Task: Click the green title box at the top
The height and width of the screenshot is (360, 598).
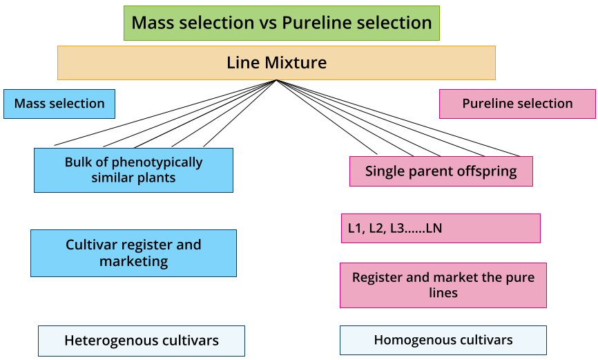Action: pos(282,23)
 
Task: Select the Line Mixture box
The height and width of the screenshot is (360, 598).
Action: pos(276,63)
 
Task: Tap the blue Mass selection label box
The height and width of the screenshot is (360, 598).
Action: pos(59,104)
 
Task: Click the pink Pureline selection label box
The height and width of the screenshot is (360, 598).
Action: pos(517,104)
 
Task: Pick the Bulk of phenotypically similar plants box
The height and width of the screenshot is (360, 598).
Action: pos(133,170)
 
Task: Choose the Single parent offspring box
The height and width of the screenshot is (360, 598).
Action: pos(441,171)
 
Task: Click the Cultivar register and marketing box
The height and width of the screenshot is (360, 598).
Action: pos(133,253)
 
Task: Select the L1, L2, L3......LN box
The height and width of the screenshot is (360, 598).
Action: pos(441,228)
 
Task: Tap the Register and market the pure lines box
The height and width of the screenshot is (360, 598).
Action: pos(443,285)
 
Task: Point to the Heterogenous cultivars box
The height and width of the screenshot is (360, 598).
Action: pos(142,341)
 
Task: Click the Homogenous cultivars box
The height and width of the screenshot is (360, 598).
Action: pos(443,340)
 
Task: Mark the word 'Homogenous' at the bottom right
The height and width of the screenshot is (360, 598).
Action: pos(409,340)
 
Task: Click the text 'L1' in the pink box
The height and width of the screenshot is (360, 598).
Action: pos(355,228)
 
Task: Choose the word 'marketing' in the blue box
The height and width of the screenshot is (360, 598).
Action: pos(133,261)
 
